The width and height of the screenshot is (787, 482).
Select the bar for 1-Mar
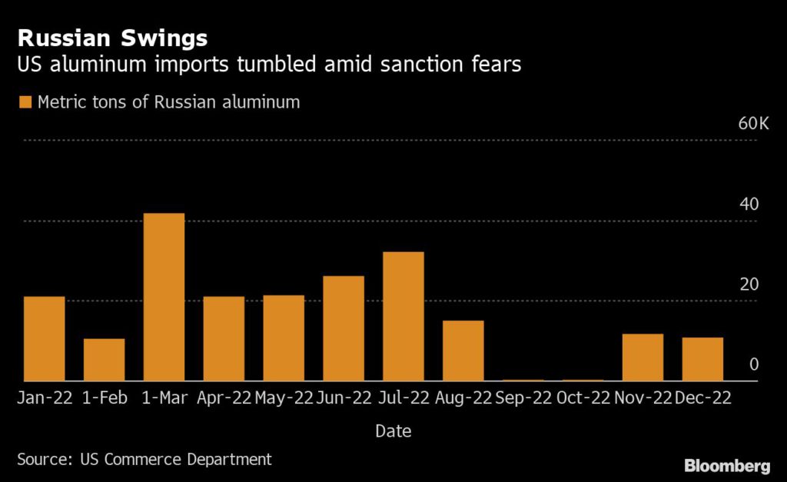(x=164, y=297)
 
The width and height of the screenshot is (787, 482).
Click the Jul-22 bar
(x=403, y=316)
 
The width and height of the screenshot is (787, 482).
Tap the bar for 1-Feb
(x=104, y=360)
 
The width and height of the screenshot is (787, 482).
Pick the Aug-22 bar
(x=463, y=351)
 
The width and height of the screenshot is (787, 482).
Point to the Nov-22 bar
(x=643, y=357)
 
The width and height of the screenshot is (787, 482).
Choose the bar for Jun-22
(x=344, y=328)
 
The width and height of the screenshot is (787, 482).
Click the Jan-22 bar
(x=44, y=338)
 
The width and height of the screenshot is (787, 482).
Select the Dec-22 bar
(x=702, y=359)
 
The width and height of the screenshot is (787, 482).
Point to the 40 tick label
(x=749, y=204)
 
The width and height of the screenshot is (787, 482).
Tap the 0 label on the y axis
(x=754, y=364)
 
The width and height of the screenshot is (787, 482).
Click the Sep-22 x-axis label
(x=523, y=397)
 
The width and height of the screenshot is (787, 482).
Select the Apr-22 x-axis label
(x=224, y=397)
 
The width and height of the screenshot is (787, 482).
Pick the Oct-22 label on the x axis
(x=583, y=397)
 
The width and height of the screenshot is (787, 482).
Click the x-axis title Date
(x=393, y=431)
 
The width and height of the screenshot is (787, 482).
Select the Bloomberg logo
(x=726, y=466)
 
